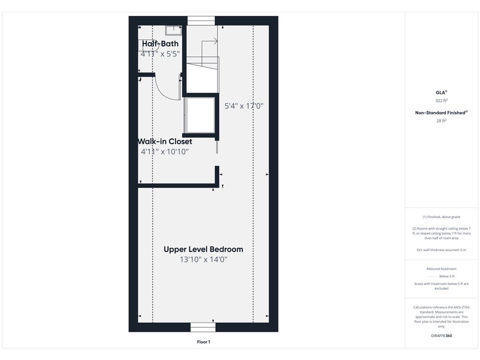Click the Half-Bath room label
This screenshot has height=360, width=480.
tap(160, 44)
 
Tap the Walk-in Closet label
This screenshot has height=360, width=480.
tap(165, 142)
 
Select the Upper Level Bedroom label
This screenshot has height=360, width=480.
tap(203, 249)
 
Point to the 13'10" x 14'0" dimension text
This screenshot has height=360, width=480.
tap(203, 260)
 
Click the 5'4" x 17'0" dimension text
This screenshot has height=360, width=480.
tap(244, 106)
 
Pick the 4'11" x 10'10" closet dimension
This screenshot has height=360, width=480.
tap(165, 151)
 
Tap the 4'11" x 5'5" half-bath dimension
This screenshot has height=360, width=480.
tap(160, 54)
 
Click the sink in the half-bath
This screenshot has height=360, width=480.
tap(173, 30)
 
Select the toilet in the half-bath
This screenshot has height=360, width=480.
tap(148, 45)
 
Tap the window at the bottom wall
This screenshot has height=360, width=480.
tap(202, 327)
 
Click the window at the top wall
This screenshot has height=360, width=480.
tap(201, 21)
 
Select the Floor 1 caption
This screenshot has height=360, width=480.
tap(203, 342)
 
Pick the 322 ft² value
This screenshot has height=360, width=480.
tap(442, 100)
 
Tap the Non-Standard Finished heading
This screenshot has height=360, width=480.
tap(442, 112)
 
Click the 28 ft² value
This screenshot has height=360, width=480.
tap(442, 120)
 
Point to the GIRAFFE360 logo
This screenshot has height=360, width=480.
tap(442, 336)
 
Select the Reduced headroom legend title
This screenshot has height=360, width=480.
tap(442, 269)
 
